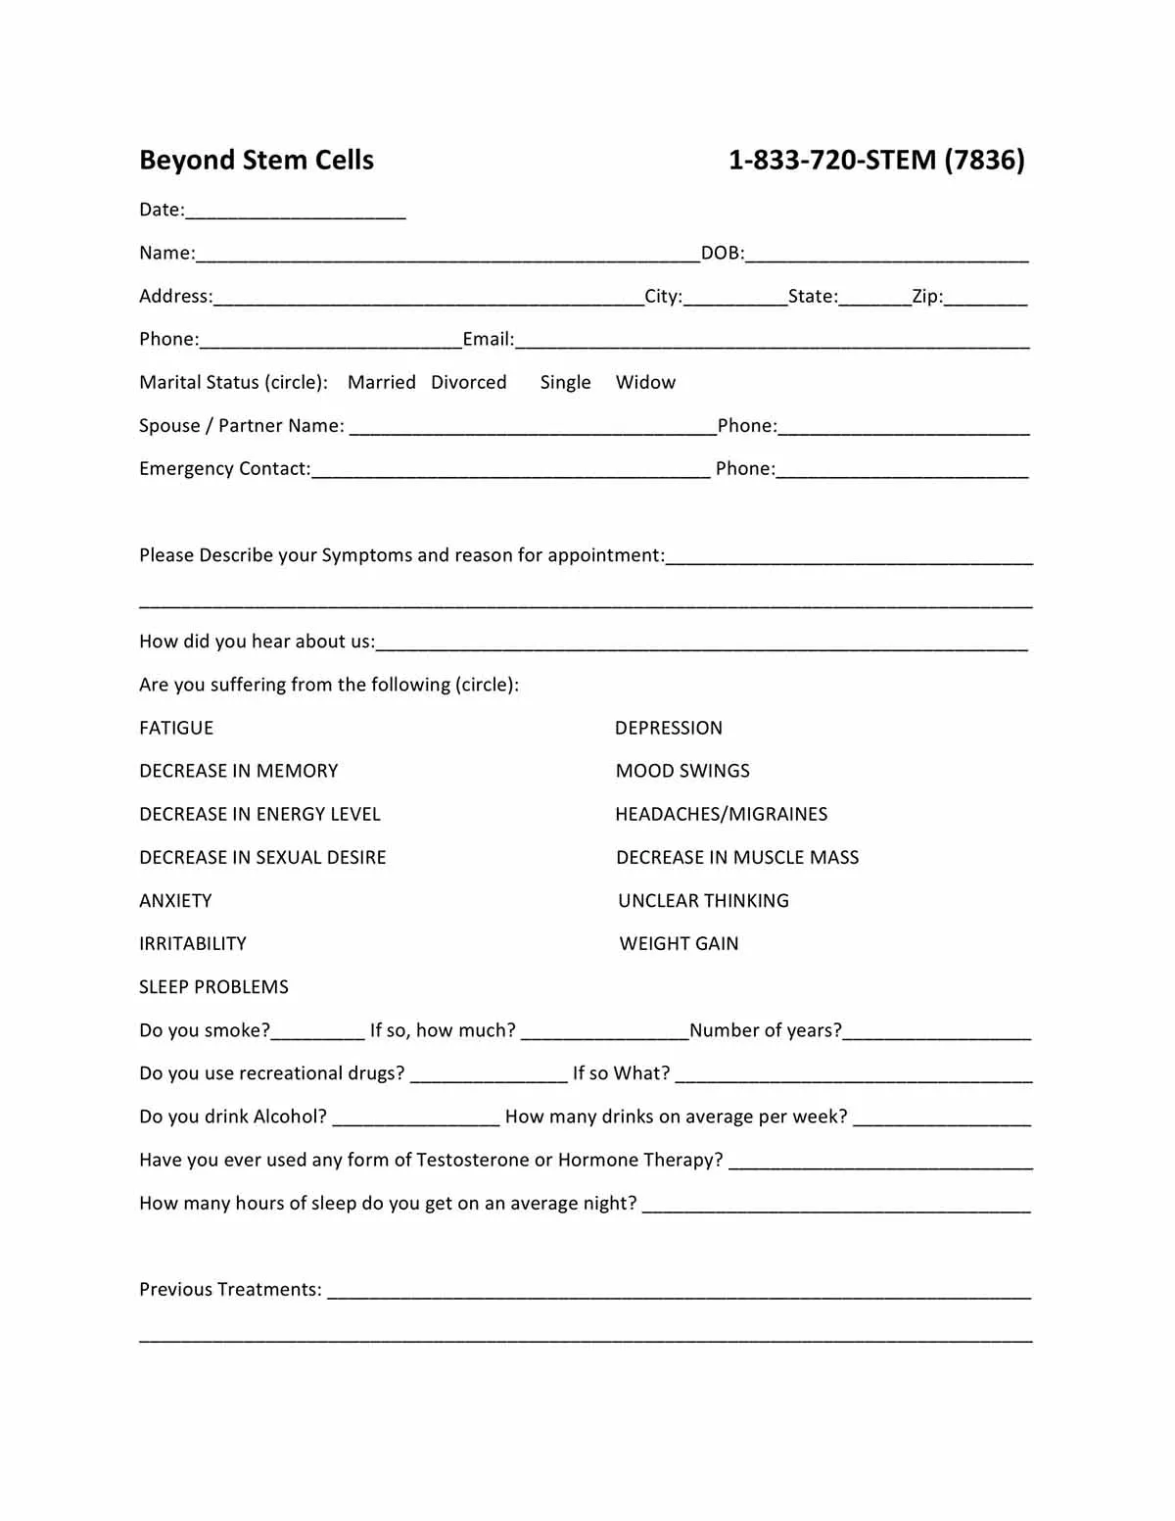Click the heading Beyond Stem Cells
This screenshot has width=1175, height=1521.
point(257,161)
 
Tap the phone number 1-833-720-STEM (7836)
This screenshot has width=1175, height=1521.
point(876,161)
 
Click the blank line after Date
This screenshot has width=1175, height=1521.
point(295,212)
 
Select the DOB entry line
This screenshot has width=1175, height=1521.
point(886,255)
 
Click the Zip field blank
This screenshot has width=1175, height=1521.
point(985,298)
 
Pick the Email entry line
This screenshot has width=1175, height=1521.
point(772,341)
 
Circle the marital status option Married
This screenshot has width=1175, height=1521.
point(381,383)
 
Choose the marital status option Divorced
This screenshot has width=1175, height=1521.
point(469,383)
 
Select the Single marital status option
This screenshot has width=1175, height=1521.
point(565,383)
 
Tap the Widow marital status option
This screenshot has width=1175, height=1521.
point(645,383)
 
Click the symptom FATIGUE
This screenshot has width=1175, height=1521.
point(176,729)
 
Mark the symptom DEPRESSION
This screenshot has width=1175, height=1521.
point(669,729)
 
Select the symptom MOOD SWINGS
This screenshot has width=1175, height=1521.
point(682,772)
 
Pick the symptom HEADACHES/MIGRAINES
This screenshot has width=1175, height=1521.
point(721,815)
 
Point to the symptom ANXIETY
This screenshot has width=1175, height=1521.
point(175,901)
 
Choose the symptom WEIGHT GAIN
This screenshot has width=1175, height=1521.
point(679,944)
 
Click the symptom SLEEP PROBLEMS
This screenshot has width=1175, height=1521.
point(213,987)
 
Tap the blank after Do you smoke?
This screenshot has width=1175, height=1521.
point(317,1032)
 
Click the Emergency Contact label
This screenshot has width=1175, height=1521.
point(224,469)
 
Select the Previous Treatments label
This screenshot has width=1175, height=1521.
point(230,1290)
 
